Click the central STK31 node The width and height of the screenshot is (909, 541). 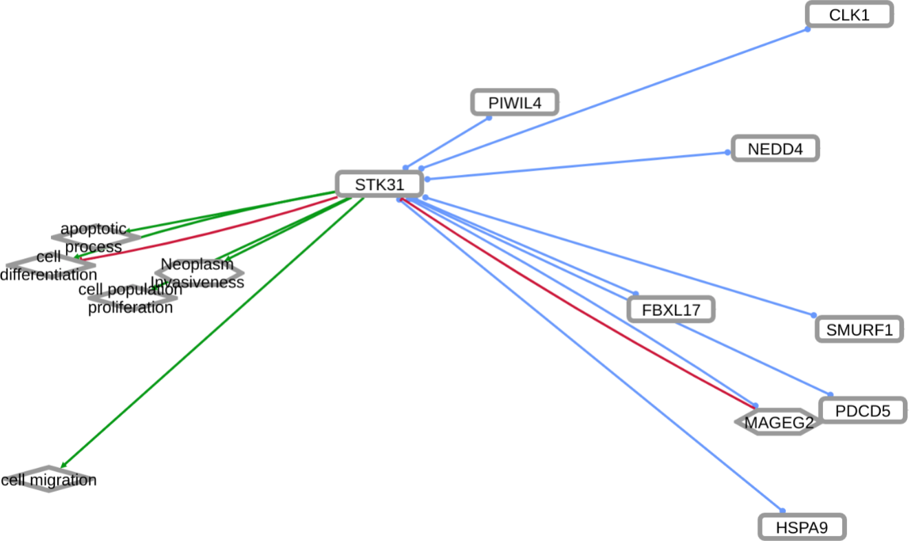coord(378,184)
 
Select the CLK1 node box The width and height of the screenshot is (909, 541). coord(849,15)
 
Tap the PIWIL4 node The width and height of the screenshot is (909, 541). coord(515,103)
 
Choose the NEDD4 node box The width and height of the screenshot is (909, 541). coord(775,149)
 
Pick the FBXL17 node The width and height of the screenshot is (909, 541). coord(671,310)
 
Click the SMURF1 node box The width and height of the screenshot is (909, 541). coord(859,330)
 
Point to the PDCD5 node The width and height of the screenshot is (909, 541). coord(862,411)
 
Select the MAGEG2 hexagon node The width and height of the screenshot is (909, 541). coord(778,422)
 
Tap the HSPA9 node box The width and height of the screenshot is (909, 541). coord(802,528)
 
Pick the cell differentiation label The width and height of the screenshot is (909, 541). coord(48,266)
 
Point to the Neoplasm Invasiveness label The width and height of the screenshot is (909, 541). coord(197,273)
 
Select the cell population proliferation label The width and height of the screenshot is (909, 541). coord(130,299)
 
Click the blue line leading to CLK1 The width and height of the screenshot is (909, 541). coord(619,96)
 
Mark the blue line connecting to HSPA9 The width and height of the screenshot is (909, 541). coord(592,354)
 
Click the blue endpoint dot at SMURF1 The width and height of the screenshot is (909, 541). coord(813,316)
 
